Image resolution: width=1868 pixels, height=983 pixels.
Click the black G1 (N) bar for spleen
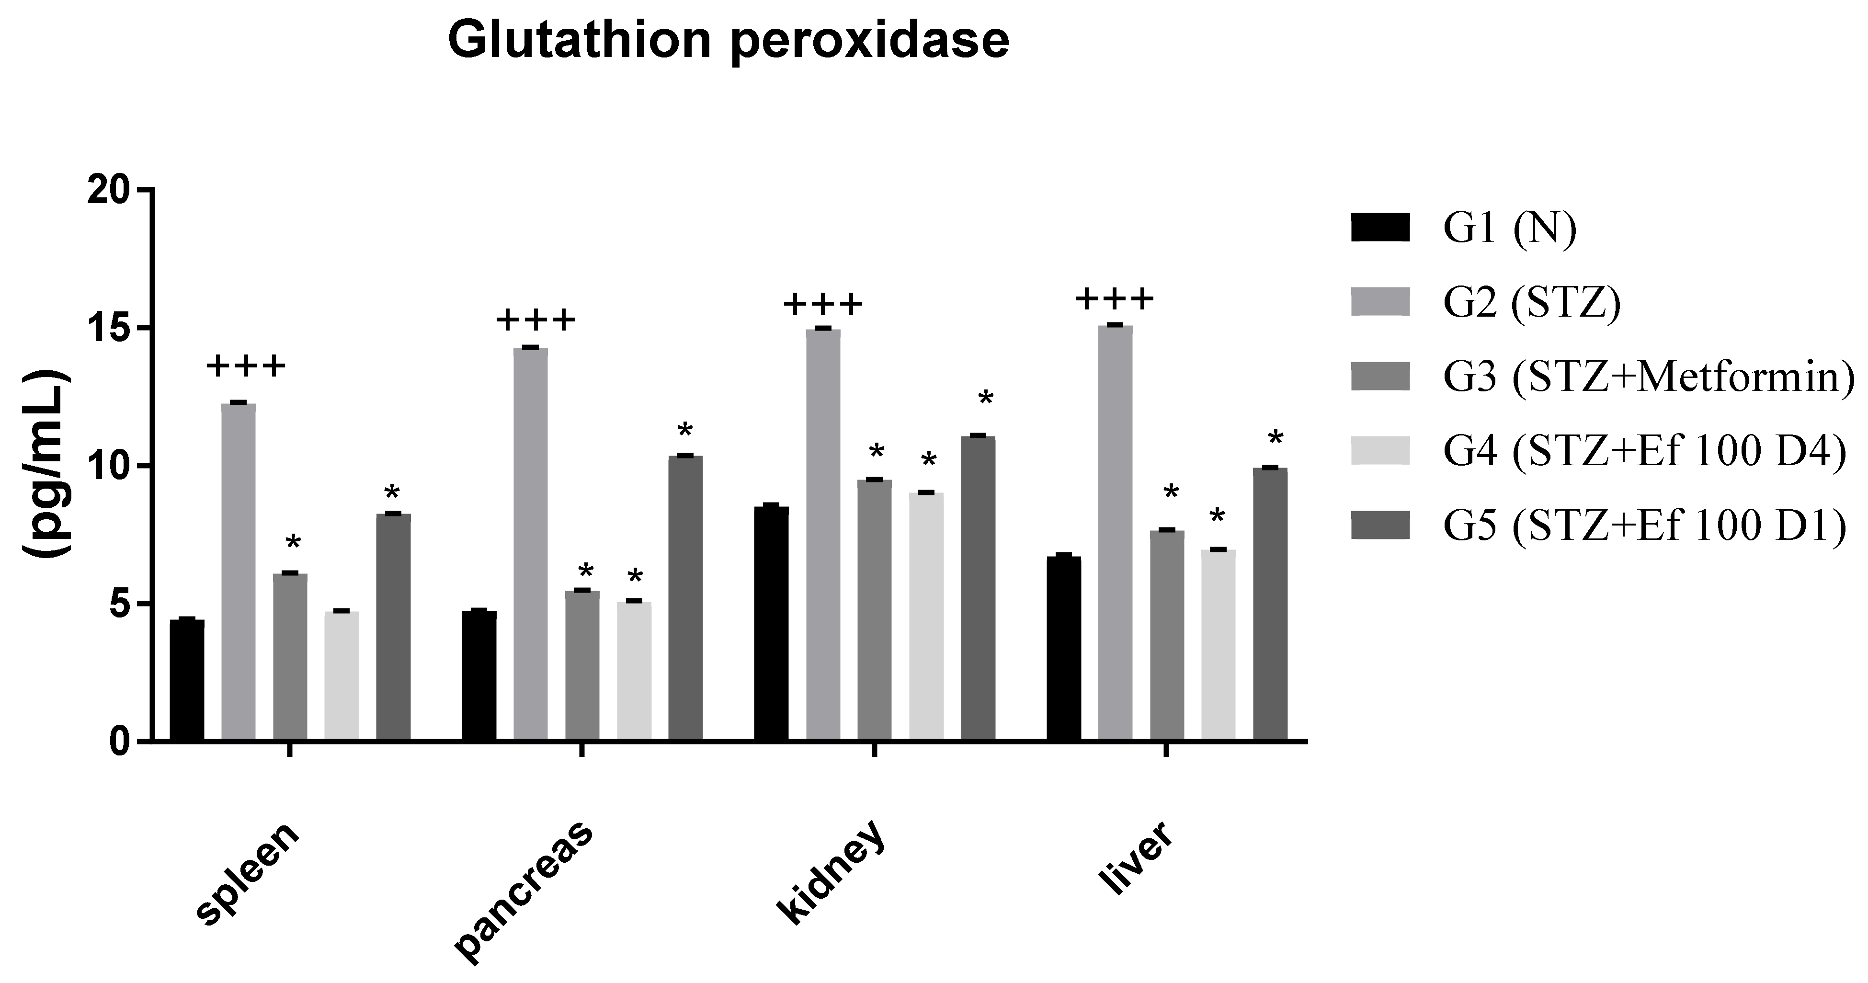[x=187, y=680]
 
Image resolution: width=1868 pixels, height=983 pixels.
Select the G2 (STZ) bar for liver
[x=1115, y=533]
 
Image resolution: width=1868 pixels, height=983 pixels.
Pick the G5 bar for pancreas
[x=685, y=598]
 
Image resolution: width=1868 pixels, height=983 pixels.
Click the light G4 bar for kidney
[x=926, y=617]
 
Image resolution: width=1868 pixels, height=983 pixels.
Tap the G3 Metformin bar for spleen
[x=290, y=657]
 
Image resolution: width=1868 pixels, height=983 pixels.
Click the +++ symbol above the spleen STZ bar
[x=246, y=366]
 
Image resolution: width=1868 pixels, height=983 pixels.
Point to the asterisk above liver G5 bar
[x=1276, y=439]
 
